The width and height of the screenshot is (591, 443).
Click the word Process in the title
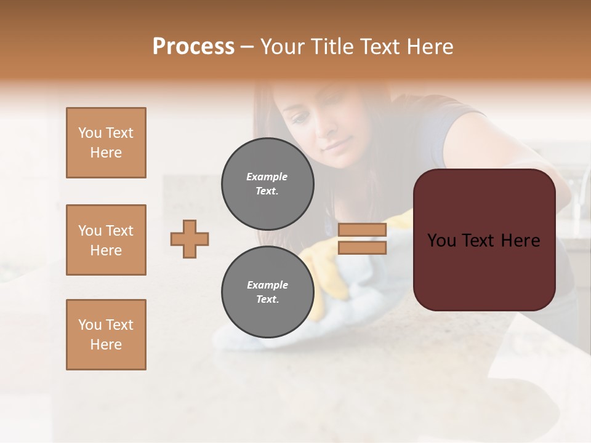193,47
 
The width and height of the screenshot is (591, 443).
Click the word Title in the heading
333,47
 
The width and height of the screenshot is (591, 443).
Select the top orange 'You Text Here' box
106,143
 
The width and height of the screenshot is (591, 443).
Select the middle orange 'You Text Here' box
106,240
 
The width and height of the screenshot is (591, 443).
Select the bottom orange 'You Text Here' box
106,334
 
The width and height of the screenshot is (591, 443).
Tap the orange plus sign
190,239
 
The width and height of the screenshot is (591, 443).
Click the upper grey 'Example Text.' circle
267,183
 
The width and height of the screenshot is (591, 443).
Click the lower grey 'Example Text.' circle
267,292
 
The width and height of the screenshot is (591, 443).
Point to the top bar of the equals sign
362,229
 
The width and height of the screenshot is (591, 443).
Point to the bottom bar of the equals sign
362,248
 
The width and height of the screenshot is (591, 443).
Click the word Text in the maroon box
484,241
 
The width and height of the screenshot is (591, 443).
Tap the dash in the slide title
247,47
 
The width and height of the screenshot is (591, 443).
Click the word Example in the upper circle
267,177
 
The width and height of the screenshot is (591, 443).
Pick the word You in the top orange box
89,133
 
